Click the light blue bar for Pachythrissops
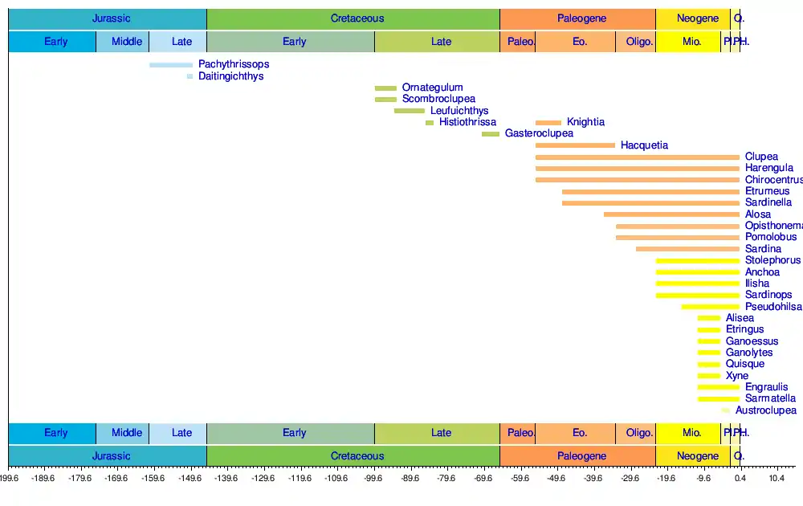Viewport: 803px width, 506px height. click(x=171, y=64)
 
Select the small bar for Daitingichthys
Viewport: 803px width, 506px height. click(x=190, y=76)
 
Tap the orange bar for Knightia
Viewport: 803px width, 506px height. click(x=548, y=122)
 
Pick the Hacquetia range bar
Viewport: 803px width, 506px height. click(x=575, y=145)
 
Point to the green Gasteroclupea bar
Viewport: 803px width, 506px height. click(x=491, y=134)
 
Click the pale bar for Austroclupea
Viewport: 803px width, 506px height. click(x=726, y=410)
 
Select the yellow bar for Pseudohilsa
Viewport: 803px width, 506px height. click(x=711, y=307)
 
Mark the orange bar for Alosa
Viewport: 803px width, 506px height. click(x=671, y=214)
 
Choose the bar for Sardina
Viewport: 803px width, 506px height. click(x=687, y=249)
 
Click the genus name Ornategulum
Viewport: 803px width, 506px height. click(x=432, y=88)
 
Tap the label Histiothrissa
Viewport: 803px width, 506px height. click(x=467, y=122)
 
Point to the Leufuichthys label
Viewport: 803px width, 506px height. click(x=459, y=111)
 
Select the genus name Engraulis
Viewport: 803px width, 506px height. click(x=766, y=387)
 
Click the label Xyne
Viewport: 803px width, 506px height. click(x=736, y=376)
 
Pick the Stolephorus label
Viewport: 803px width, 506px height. click(x=772, y=260)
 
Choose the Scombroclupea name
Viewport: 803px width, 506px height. click(x=438, y=99)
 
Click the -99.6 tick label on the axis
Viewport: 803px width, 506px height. click(x=373, y=479)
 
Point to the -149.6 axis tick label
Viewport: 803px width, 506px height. click(x=190, y=479)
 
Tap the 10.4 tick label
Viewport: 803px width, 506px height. click(x=777, y=479)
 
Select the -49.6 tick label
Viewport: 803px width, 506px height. click(x=556, y=479)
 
